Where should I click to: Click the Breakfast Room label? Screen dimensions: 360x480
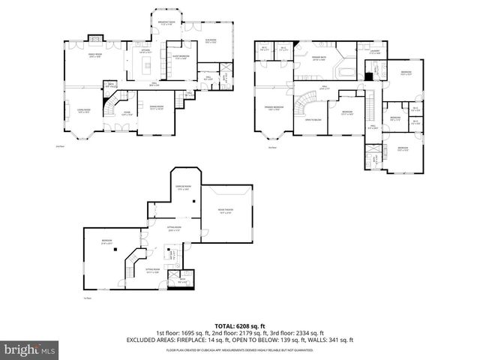click(166, 22)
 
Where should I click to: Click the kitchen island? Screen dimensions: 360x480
click(143, 68)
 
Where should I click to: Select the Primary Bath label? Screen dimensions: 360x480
click(319, 60)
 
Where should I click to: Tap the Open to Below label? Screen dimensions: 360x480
click(313, 119)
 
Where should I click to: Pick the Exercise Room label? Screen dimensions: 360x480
click(182, 188)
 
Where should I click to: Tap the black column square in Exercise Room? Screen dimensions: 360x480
click(194, 202)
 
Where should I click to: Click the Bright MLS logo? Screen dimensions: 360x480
click(29, 349)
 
